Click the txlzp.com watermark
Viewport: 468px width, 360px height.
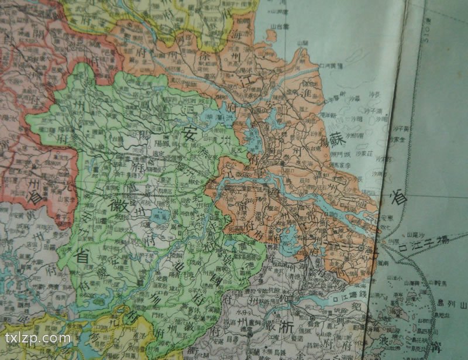[x=38, y=338]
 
